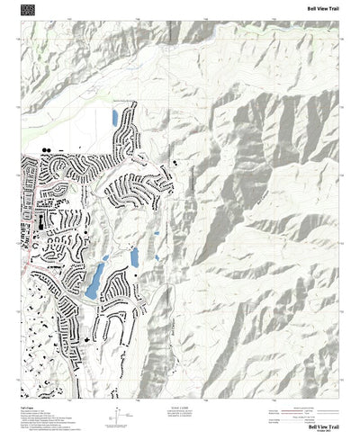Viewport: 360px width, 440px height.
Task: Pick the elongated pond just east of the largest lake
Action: [x=134, y=257]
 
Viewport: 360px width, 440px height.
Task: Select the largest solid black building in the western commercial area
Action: [x=40, y=220]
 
